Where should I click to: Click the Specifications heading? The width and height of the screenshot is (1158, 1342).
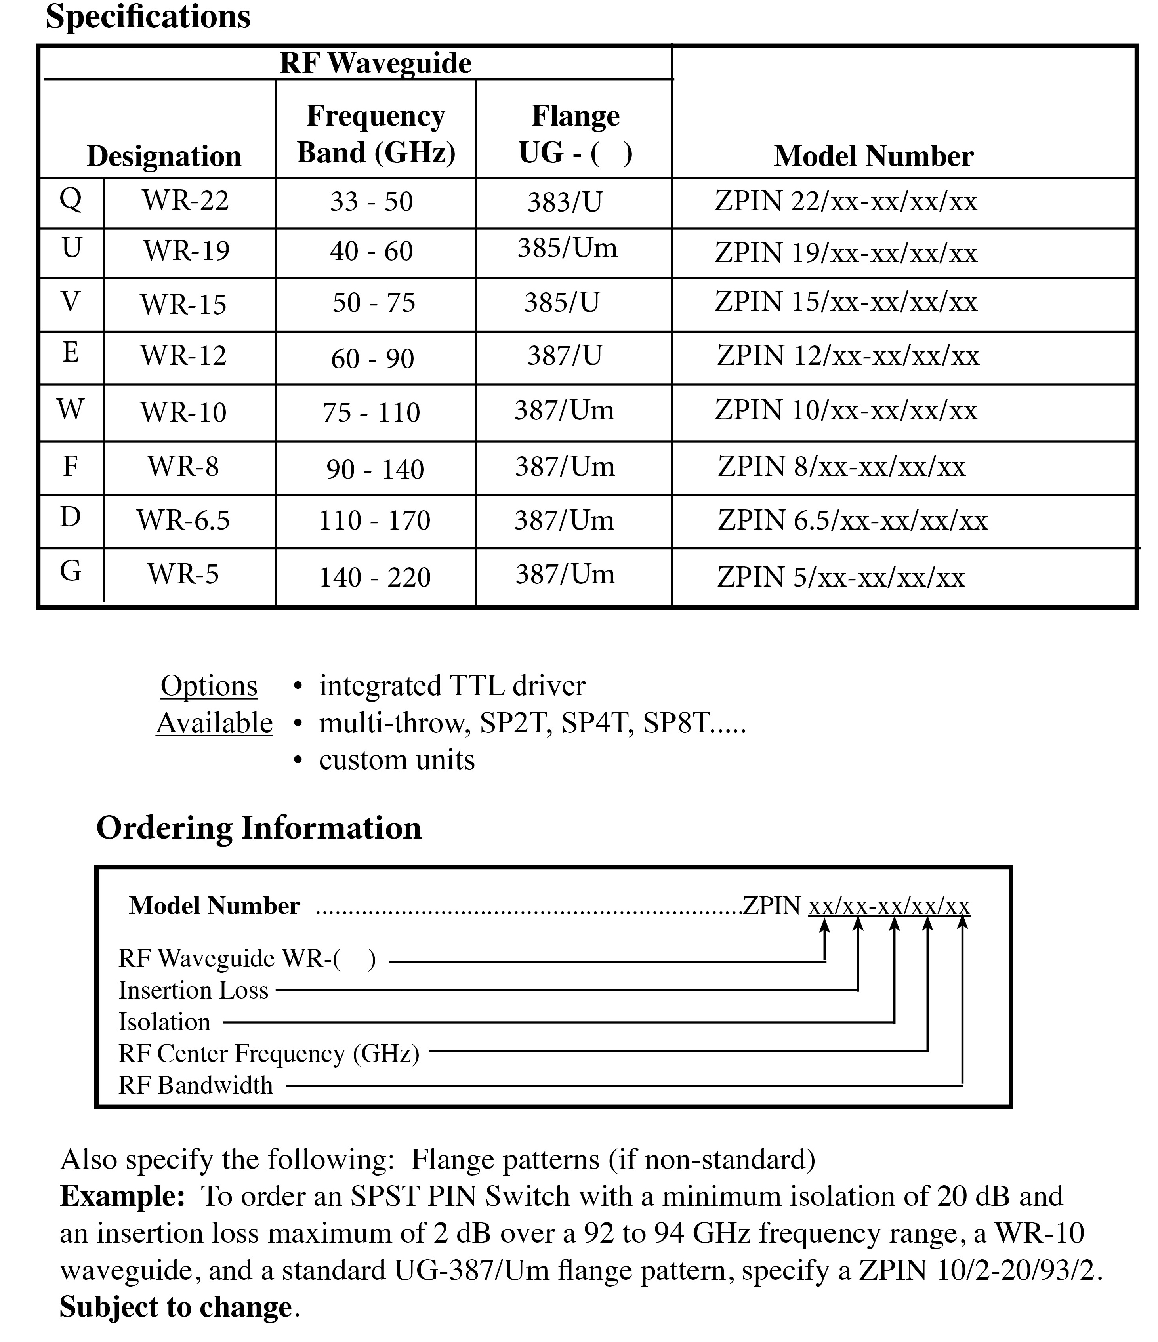point(148,17)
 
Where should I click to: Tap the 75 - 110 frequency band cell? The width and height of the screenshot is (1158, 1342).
point(371,413)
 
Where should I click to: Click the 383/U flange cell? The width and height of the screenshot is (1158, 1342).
point(565,202)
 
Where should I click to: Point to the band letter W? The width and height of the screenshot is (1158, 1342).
point(71,409)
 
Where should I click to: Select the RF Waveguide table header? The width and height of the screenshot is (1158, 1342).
point(375,63)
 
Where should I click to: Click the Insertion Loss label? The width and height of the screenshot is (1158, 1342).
point(193,990)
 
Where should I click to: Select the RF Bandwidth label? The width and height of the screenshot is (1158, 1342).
point(196,1085)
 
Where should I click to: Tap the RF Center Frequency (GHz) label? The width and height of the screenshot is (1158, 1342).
point(269,1053)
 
